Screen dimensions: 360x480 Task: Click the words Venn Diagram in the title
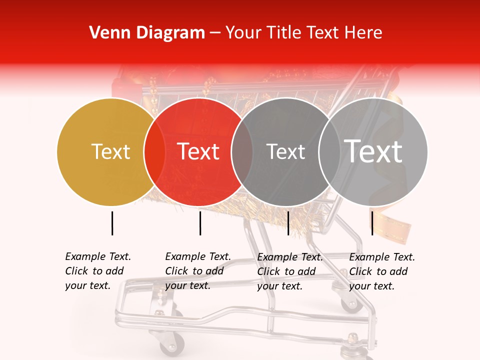[147, 33]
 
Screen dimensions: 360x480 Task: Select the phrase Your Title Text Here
[303, 33]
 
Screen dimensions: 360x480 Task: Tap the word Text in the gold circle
[110, 151]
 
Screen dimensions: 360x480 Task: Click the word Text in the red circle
[198, 151]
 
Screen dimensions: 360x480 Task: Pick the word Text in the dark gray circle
[285, 151]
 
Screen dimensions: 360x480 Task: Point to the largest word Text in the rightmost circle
[373, 151]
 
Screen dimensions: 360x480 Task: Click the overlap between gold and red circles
[154, 151]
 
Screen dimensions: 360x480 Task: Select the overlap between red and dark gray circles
[242, 151]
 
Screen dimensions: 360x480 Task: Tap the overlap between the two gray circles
[329, 151]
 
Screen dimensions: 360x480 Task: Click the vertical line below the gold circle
[112, 223]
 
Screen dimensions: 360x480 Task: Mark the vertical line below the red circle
[200, 223]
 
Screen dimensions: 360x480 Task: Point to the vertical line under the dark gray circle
[288, 223]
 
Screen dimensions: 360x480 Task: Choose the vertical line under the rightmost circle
[372, 223]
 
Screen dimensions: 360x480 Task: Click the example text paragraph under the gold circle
[98, 271]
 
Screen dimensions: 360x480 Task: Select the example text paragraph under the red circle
[198, 271]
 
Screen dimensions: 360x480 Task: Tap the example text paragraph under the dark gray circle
[290, 271]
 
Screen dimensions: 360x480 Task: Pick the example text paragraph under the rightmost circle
[382, 271]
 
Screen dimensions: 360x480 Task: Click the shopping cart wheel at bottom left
[171, 344]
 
